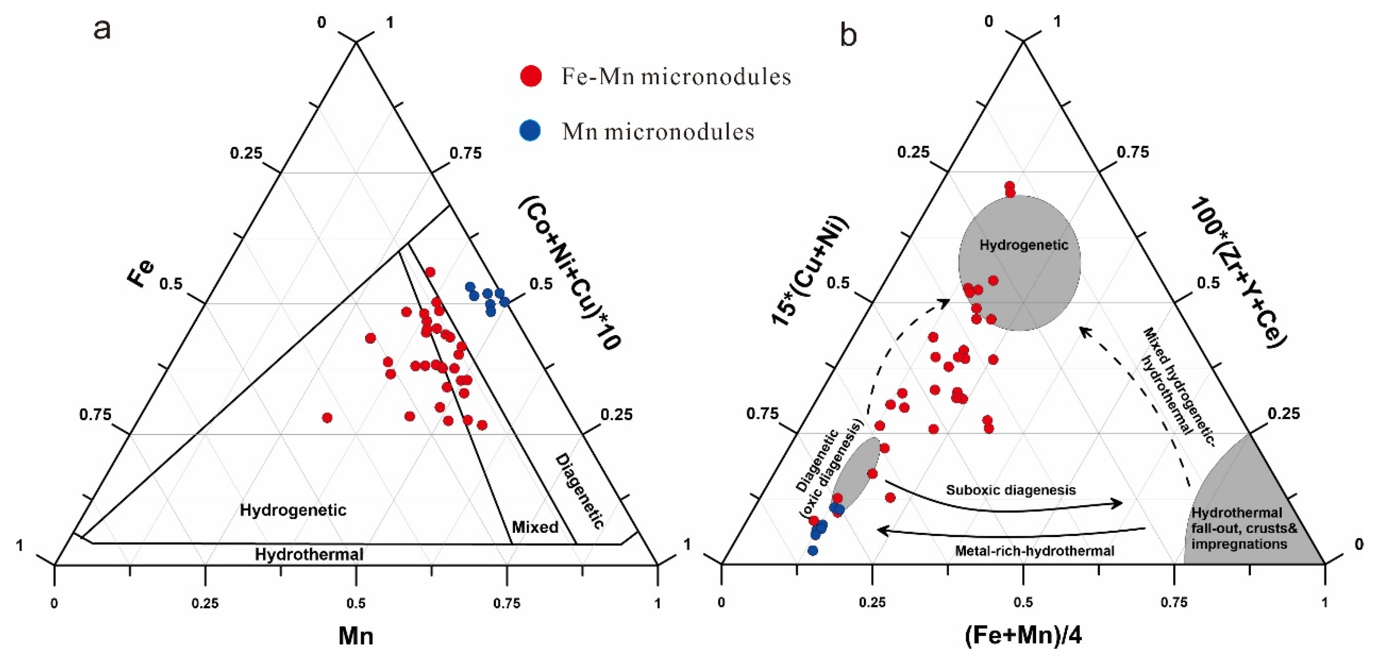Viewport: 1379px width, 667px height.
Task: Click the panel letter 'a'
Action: click(102, 30)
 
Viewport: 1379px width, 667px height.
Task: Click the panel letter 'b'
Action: click(849, 35)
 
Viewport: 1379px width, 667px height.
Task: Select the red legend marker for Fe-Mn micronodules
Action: click(531, 76)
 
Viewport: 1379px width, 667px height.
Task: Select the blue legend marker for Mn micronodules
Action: click(530, 131)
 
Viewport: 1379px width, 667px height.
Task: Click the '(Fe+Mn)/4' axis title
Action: click(1022, 636)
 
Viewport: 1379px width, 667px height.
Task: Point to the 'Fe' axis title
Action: click(140, 274)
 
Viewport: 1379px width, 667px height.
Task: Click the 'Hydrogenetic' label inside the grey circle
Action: click(1024, 245)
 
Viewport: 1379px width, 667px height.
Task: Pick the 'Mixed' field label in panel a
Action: click(535, 527)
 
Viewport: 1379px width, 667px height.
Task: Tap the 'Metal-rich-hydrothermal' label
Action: click(1034, 551)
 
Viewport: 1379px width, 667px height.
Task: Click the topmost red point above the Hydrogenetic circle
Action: click(1010, 186)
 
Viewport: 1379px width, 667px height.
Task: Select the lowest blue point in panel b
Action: click(812, 550)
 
